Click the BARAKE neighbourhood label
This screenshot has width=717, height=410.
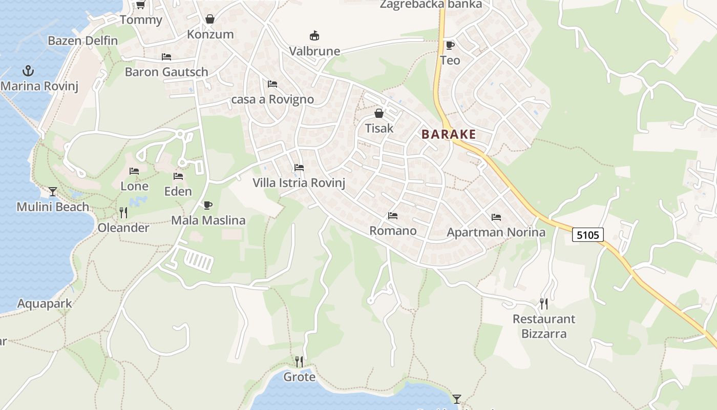[449, 135]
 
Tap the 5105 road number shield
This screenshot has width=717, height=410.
[587, 235]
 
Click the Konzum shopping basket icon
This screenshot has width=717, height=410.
[210, 19]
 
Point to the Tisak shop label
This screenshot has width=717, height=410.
[379, 128]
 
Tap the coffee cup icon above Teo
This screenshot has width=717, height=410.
[450, 45]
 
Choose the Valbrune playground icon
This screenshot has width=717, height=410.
[314, 36]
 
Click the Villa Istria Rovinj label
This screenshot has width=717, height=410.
[299, 183]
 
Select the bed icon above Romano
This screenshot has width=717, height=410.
[393, 216]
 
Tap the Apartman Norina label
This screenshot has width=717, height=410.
[496, 233]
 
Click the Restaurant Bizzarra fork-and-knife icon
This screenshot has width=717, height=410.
[543, 304]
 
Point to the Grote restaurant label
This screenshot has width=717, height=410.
[300, 377]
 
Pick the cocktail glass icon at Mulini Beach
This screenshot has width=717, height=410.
[53, 192]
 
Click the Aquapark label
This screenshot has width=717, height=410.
[45, 303]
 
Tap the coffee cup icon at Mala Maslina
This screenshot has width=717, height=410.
[207, 205]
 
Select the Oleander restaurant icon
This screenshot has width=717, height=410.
[123, 213]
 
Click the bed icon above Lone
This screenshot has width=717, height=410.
[134, 171]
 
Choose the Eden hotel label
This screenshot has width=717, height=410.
[178, 192]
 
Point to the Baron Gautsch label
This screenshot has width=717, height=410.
[166, 72]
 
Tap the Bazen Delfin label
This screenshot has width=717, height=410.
[82, 41]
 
